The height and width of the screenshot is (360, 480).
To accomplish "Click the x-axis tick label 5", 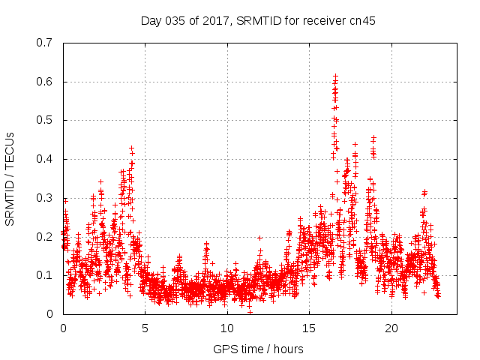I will pos(145,328).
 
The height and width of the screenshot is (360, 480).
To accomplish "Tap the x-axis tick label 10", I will pos(227,328).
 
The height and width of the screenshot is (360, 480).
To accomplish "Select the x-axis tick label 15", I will pos(309,328).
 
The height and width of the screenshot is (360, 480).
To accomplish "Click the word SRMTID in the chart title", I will pos(254,20).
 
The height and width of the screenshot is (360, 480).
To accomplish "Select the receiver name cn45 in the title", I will pos(362,20).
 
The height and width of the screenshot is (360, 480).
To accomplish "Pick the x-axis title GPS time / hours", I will pos(258,349).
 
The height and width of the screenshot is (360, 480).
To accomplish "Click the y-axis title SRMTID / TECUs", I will pos(10,178).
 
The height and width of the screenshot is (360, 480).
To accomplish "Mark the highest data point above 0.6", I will pos(336,76).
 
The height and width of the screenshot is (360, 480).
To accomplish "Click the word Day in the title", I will pos(151,20).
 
